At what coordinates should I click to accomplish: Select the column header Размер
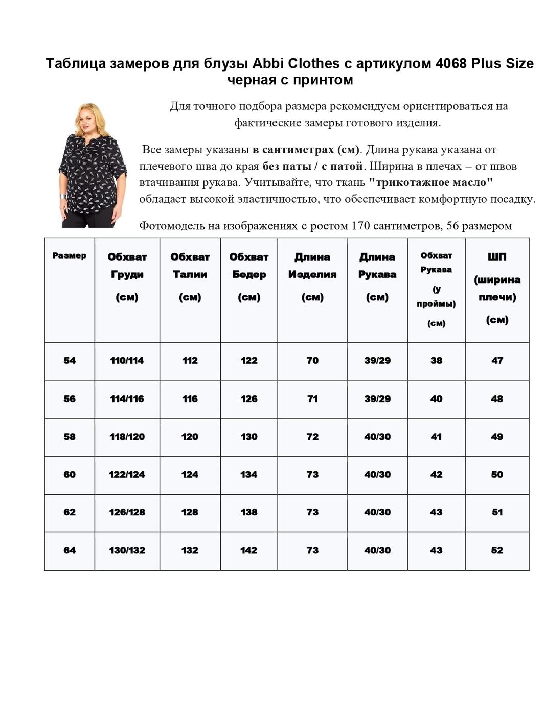pyautogui.click(x=70, y=256)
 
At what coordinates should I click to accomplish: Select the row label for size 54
pyautogui.click(x=70, y=361)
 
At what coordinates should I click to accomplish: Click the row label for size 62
pyautogui.click(x=70, y=512)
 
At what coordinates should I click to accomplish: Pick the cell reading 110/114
pyautogui.click(x=127, y=361)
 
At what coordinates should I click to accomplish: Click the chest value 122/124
pyautogui.click(x=127, y=475)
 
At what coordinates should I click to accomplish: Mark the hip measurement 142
pyautogui.click(x=249, y=550)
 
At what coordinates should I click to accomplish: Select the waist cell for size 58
pyautogui.click(x=190, y=437)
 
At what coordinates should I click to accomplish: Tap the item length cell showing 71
pyautogui.click(x=312, y=399)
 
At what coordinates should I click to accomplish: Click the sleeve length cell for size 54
pyautogui.click(x=377, y=361)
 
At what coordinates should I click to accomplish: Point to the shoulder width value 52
pyautogui.click(x=497, y=550)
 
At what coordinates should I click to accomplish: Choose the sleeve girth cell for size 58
pyautogui.click(x=436, y=437)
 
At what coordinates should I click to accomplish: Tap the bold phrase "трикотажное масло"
pyautogui.click(x=430, y=182)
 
